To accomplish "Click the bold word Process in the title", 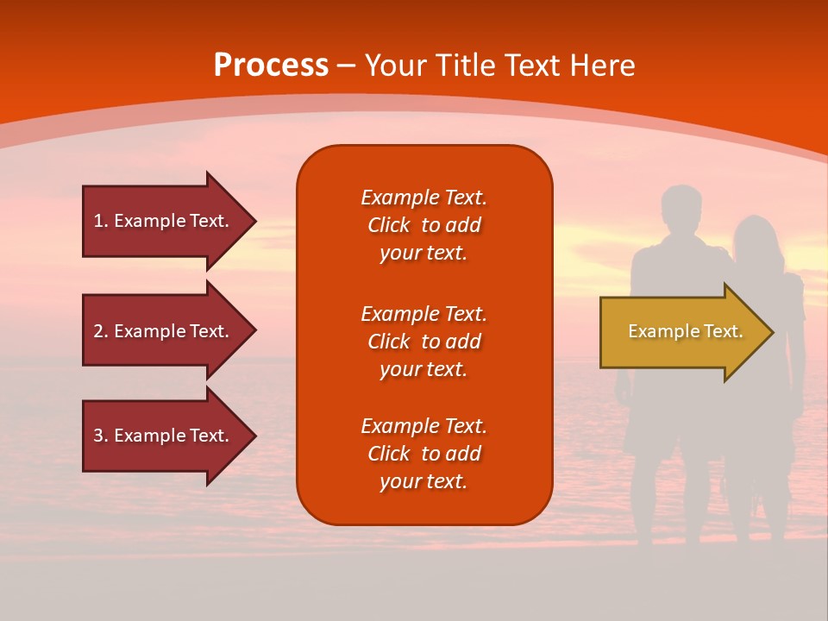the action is [272, 66].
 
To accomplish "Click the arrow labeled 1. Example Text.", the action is [170, 222].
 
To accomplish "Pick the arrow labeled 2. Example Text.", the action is [170, 330].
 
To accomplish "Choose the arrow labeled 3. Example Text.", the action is [170, 436].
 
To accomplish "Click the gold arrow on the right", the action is [687, 332].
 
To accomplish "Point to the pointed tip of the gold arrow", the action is [774, 332].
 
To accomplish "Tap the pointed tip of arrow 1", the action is [256, 222].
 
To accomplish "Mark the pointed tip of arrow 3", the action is [256, 436].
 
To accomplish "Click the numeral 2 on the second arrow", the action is [98, 331].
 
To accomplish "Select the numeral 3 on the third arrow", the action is [98, 436].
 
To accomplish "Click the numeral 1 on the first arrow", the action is [98, 221].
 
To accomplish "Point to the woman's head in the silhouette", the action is [756, 238].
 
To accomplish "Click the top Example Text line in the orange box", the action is [424, 198].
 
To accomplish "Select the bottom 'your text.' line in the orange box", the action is [423, 481].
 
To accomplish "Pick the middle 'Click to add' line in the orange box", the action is [424, 342].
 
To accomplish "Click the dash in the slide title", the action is [347, 66].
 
